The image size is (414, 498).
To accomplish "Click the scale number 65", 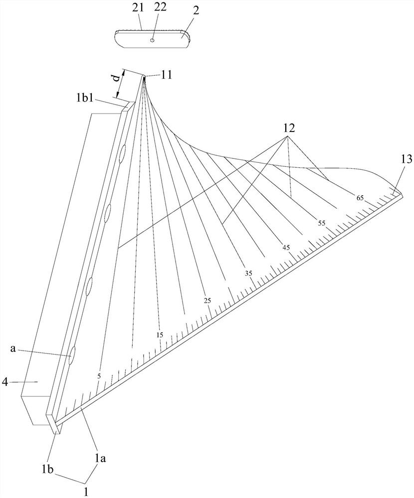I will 360,198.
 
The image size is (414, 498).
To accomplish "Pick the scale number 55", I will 322,224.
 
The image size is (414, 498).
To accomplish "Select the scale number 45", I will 285,248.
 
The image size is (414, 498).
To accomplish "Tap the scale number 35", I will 248,273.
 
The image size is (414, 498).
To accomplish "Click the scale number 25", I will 208,300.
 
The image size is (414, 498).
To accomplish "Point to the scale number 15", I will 160,335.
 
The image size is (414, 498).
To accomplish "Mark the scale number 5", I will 99,376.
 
